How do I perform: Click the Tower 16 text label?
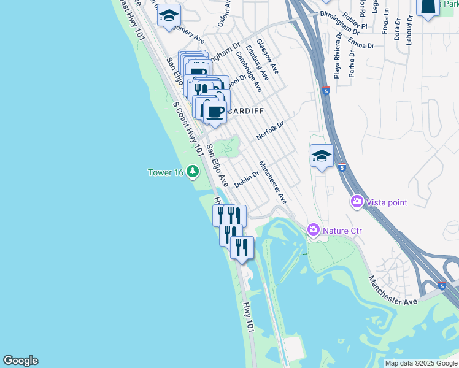[166, 172]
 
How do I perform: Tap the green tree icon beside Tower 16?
[193, 171]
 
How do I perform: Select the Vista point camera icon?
[357, 201]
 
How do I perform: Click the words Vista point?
[387, 202]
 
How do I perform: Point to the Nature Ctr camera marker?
[314, 230]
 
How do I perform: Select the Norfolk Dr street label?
[271, 131]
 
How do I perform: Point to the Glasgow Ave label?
[268, 57]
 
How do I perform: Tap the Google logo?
[20, 361]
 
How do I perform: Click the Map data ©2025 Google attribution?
[420, 363]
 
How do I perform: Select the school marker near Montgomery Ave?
[168, 17]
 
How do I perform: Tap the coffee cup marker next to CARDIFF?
[215, 112]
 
